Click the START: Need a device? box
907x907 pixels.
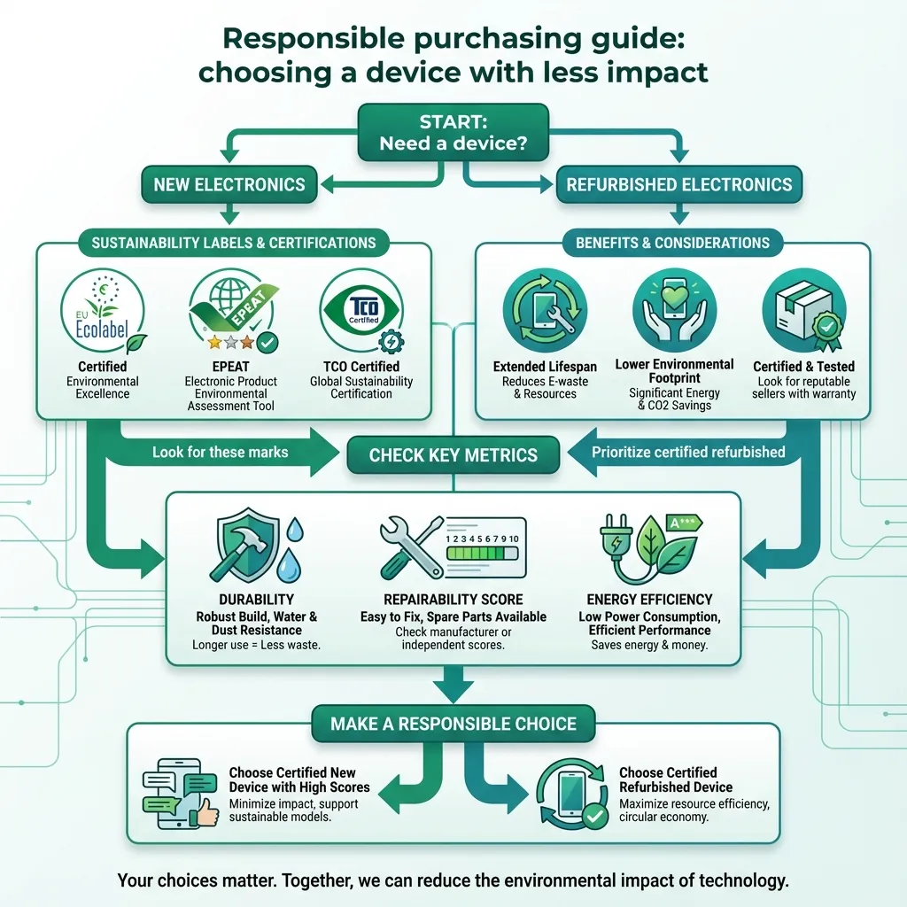tap(453, 132)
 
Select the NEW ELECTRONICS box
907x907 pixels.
tap(229, 185)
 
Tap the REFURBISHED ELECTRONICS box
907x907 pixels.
tap(678, 185)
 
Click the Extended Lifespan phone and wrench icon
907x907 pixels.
tap(544, 312)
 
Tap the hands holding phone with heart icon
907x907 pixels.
tap(675, 310)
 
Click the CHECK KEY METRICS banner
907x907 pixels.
tap(453, 456)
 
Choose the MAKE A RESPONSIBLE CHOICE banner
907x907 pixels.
tap(453, 724)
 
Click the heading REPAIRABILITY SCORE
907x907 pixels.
tap(453, 600)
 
